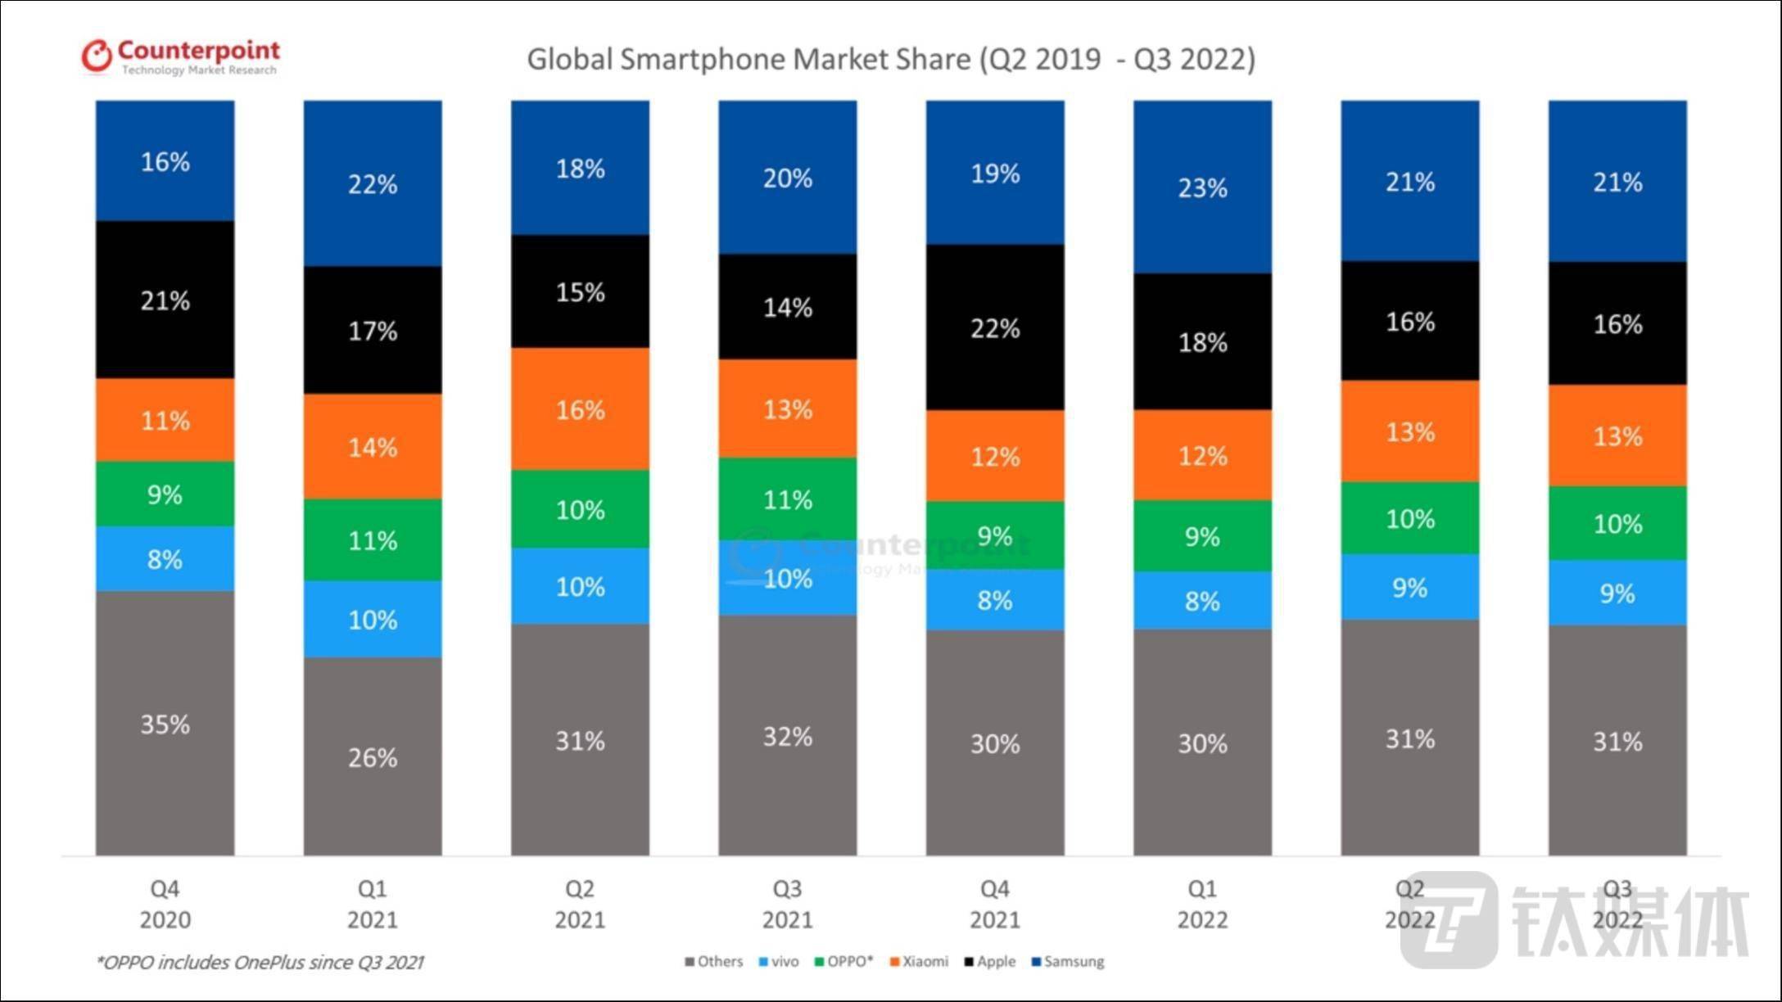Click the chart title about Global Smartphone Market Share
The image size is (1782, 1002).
(890, 60)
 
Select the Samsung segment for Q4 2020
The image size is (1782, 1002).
(165, 161)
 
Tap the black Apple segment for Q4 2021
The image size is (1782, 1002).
(995, 327)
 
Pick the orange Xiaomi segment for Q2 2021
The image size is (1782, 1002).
(580, 408)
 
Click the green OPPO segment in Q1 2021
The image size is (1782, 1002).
(373, 540)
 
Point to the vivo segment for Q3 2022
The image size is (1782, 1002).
(1617, 593)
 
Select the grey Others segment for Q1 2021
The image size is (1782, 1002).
(373, 756)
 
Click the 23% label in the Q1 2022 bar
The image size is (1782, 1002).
(1202, 188)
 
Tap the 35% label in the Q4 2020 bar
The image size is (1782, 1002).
(165, 724)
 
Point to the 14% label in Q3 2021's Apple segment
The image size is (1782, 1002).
(788, 308)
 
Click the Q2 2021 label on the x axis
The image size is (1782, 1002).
(580, 904)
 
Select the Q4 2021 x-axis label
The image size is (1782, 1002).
(995, 904)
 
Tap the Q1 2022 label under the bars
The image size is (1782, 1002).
(1202, 904)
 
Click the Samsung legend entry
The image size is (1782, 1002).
(1068, 962)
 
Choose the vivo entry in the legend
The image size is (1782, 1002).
(780, 962)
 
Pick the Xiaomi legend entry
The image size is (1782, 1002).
(920, 962)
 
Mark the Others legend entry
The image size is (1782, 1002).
(714, 962)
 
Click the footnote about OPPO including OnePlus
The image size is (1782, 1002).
(260, 963)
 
